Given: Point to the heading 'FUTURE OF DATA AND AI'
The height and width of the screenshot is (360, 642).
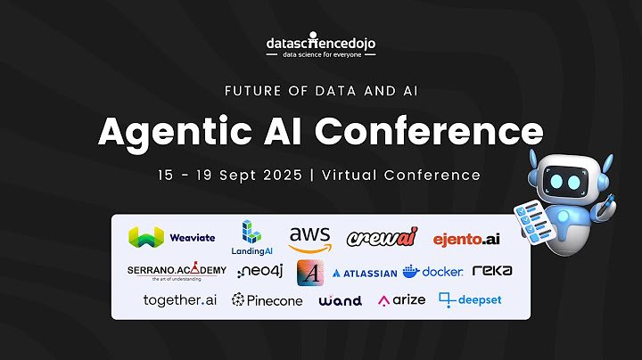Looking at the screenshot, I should pos(321,91).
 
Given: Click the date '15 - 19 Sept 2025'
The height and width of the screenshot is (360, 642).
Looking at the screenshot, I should pos(227,175).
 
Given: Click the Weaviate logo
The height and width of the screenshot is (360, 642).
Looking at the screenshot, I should pos(172,237).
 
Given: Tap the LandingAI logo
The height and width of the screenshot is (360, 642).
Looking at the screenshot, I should pos(252,237).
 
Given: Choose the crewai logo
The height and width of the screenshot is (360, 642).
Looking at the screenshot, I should pos(381,238).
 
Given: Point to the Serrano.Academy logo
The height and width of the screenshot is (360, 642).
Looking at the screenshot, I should pos(177,271).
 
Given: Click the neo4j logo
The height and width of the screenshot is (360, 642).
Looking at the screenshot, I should pos(260,271).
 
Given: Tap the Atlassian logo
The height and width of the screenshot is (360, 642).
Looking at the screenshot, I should pos(364,273).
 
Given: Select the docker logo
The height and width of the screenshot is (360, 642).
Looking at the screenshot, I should pos(432,272).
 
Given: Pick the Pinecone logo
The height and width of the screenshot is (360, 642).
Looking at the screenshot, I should pos(267,300).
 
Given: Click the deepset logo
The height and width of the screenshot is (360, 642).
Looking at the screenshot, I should pos(470,300).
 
